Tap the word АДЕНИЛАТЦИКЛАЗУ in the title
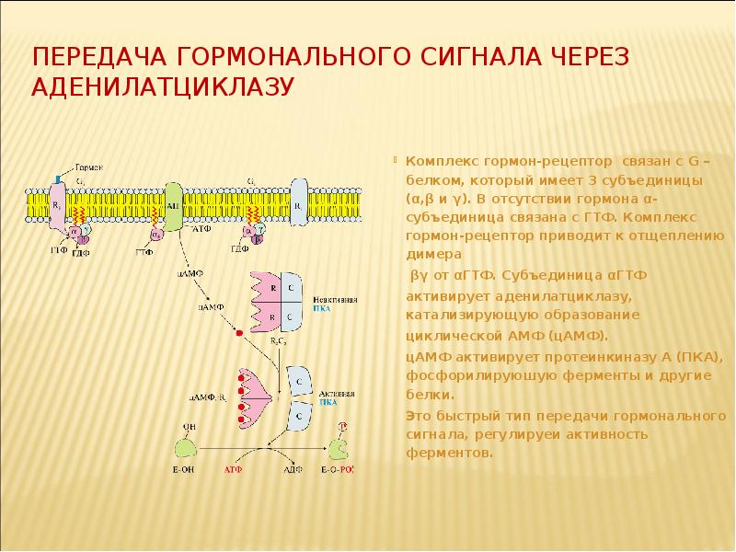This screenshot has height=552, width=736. point(163,88)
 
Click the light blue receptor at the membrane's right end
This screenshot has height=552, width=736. point(300,200)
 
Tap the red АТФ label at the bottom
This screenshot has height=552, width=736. point(234,470)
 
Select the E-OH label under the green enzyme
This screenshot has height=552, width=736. point(183,470)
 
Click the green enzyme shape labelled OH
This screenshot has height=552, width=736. point(187,446)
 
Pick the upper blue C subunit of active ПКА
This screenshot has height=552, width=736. point(301,377)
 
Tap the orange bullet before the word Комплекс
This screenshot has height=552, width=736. point(398,158)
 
